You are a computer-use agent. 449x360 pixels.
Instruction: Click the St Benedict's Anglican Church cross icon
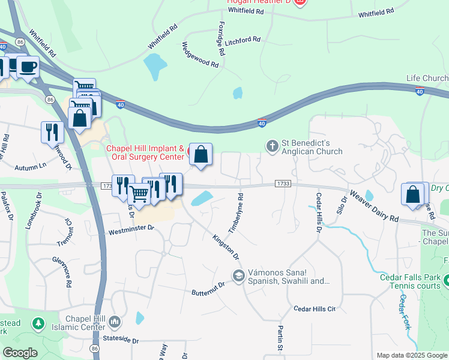tap(272, 145)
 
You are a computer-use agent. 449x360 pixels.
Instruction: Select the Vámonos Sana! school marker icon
tap(238, 275)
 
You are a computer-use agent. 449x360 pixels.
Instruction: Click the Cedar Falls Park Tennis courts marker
tap(447, 280)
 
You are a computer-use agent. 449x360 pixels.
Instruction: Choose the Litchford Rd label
tap(243, 41)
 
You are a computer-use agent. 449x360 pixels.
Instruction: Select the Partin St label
tap(280, 338)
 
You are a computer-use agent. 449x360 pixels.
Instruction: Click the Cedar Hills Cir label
tap(314, 308)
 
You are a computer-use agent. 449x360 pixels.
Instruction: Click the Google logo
tap(20, 353)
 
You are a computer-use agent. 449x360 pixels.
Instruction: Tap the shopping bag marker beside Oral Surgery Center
tap(201, 155)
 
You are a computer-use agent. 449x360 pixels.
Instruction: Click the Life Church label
tap(427, 79)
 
